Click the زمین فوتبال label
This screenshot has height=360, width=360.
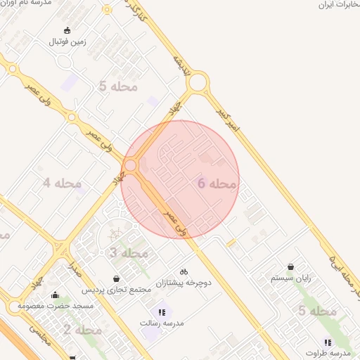(66, 42)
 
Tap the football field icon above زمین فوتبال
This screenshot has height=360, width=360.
(67, 30)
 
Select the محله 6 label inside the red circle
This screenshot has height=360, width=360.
(218, 184)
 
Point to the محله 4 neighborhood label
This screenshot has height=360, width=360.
(62, 184)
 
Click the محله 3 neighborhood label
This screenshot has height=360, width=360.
(129, 252)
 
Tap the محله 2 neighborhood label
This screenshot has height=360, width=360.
(83, 329)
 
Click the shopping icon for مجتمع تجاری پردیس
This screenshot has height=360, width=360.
(116, 278)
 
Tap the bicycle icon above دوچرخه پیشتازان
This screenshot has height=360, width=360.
(184, 271)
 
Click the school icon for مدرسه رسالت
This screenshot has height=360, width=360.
(161, 312)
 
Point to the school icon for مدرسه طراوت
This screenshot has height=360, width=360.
(328, 342)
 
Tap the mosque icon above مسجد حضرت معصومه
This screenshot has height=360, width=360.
(55, 295)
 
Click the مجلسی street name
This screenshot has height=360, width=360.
(39, 337)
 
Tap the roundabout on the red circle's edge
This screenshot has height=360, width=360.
(130, 166)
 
